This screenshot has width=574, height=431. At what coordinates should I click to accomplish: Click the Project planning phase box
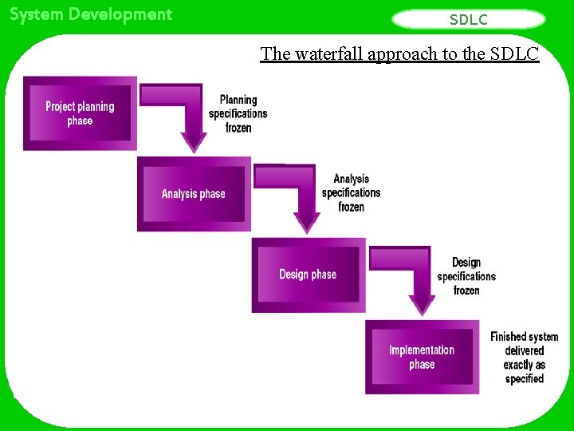click(x=80, y=113)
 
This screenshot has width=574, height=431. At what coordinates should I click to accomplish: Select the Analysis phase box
click(x=194, y=194)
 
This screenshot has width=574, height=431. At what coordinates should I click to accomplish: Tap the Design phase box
click(x=308, y=275)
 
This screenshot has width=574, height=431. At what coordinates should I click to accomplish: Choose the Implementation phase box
click(x=422, y=357)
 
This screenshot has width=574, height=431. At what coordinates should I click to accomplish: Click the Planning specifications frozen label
click(x=238, y=113)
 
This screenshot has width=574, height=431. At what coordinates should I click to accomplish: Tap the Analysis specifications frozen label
click(x=351, y=193)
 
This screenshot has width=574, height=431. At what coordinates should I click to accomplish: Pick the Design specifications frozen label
click(x=466, y=276)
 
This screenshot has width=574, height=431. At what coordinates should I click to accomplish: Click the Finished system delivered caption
click(x=524, y=358)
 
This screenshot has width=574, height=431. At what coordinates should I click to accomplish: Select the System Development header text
click(x=91, y=14)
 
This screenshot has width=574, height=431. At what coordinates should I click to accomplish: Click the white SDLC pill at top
click(x=469, y=19)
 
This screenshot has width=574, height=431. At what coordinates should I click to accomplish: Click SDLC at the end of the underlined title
click(x=514, y=53)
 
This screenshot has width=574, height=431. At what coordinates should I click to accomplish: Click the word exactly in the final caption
click(x=524, y=365)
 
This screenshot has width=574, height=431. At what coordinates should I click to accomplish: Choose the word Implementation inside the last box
click(x=422, y=350)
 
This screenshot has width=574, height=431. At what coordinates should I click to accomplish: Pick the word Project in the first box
click(x=60, y=106)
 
